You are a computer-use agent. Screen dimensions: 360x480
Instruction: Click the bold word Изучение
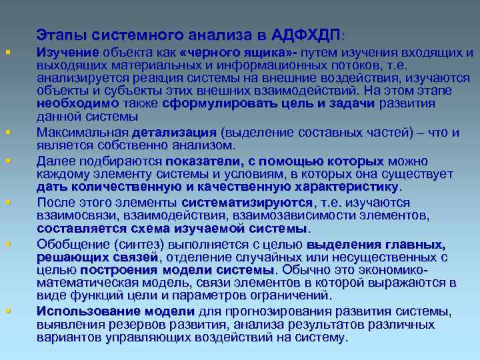point(68,53)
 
